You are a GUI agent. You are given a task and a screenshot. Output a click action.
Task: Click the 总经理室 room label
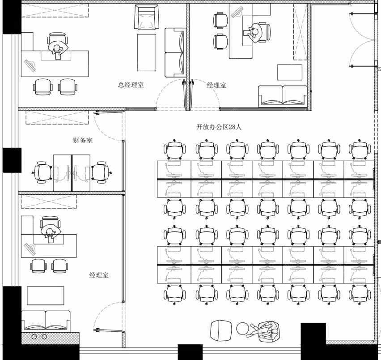pos(131,85)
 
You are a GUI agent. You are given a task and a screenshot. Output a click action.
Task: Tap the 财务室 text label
pos(83,140)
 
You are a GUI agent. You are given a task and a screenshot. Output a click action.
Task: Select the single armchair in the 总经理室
pos(147,17)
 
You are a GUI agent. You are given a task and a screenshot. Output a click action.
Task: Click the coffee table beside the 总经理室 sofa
pos(147,52)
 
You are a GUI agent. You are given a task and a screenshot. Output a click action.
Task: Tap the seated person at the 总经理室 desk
pos(58,49)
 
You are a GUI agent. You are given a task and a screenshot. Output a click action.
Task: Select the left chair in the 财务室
pos(42,172)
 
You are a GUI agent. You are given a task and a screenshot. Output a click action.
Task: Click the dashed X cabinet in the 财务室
pos(57,117)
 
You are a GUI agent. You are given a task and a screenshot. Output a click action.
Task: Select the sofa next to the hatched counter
pos(46,321)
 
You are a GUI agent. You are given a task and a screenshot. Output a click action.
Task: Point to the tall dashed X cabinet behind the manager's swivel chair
pos(301,32)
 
